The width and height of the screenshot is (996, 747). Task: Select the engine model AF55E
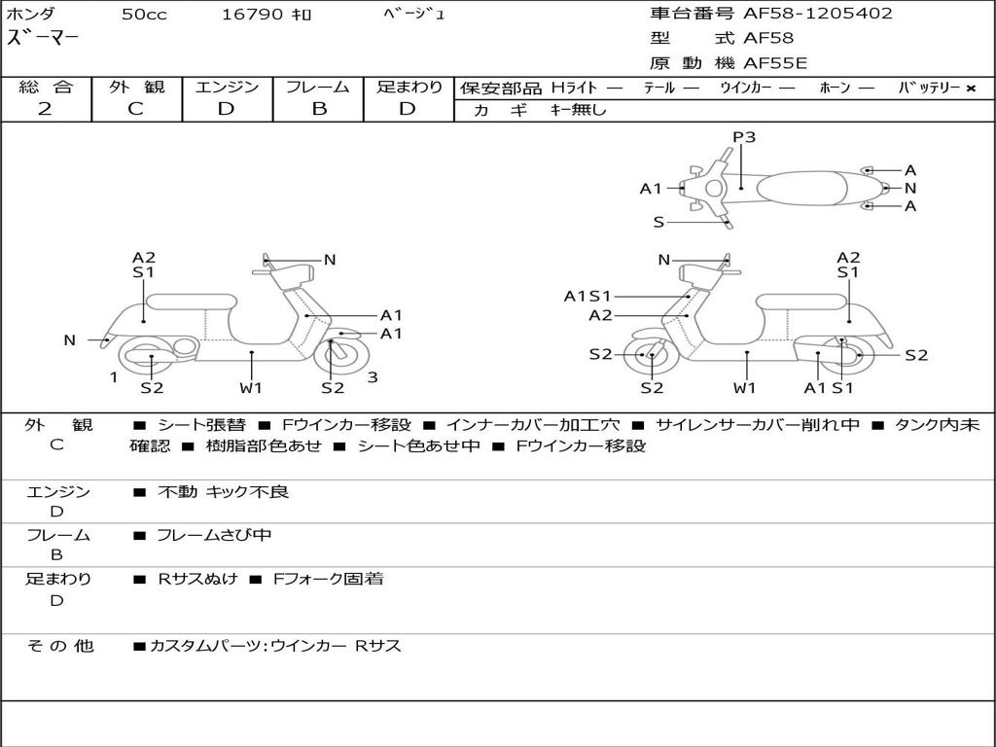point(775,64)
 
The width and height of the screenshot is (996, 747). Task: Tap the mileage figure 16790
point(252,15)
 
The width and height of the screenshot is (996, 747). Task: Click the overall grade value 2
point(45,109)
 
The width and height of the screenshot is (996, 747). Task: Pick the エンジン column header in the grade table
point(228,88)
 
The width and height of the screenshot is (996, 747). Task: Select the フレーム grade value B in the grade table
point(318,109)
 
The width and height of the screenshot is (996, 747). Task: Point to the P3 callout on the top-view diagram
point(744,137)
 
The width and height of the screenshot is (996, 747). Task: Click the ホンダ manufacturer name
point(31,15)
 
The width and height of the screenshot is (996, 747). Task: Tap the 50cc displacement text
point(144,15)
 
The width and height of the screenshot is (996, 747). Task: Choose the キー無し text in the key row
point(578,110)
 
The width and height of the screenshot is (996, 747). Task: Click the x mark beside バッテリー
point(970,89)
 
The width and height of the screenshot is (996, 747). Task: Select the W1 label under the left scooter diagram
point(252,388)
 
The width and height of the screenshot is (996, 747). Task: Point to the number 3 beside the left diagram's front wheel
point(373,377)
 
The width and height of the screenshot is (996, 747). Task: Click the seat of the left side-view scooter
point(191,301)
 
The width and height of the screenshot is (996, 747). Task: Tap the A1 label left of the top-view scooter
point(651,189)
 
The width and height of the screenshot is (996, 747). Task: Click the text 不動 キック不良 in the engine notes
point(223,492)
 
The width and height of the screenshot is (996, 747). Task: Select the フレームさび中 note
point(214,535)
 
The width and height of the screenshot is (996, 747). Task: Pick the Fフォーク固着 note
point(328,579)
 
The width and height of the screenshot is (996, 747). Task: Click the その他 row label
point(59,645)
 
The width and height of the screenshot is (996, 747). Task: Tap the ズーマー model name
point(44,38)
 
